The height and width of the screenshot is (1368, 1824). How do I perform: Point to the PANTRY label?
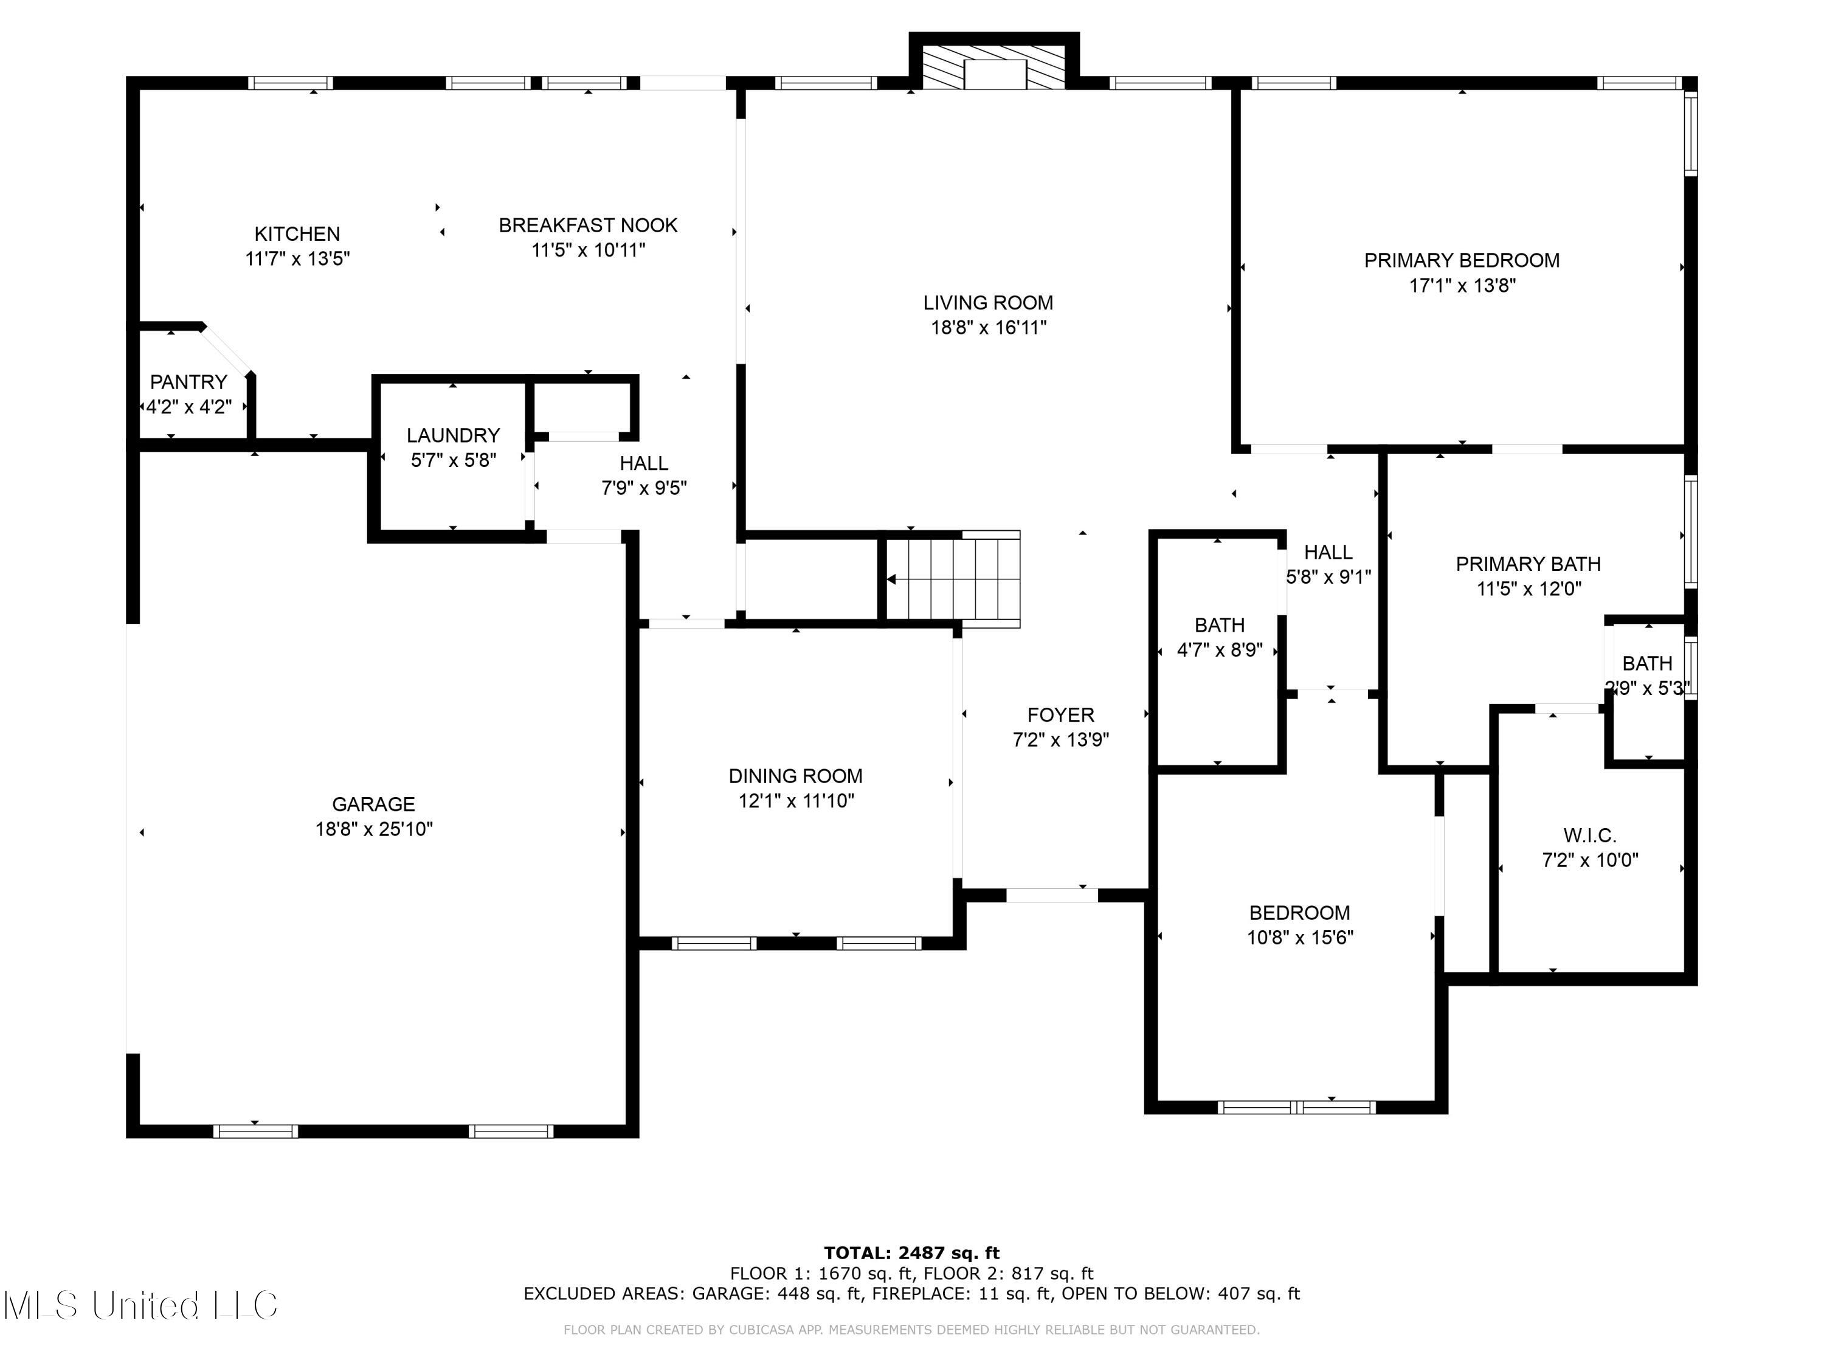click(189, 382)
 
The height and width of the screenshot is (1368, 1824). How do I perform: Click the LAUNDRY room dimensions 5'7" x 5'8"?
click(454, 460)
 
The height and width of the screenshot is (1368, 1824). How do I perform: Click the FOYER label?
click(1061, 715)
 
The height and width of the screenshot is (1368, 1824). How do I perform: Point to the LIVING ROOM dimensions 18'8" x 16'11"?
click(989, 327)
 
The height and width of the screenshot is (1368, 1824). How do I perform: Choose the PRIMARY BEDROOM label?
click(1462, 261)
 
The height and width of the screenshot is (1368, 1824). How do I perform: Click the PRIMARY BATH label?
click(1529, 564)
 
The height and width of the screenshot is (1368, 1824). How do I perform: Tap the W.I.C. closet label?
click(1590, 835)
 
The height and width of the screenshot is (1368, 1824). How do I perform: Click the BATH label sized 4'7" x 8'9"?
click(1220, 625)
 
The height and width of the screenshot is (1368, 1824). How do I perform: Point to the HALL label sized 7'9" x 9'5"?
click(644, 463)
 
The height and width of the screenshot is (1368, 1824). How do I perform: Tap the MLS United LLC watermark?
click(141, 1305)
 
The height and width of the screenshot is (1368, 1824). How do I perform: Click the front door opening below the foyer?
click(1052, 896)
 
